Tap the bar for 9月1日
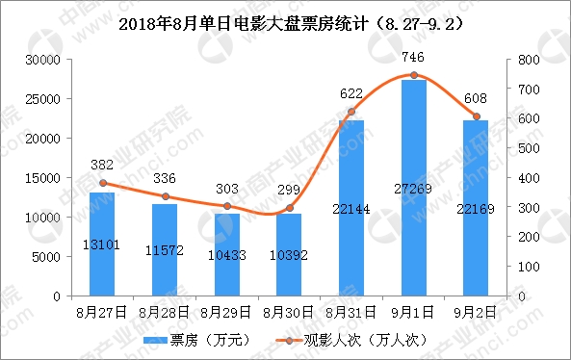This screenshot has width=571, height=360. (413, 188)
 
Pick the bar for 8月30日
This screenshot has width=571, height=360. (289, 254)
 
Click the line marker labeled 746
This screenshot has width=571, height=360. (413, 75)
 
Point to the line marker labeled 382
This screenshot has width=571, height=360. (102, 183)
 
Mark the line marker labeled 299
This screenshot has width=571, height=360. (289, 208)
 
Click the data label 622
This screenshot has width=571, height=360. (350, 94)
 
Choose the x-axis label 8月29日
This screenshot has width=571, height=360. (226, 311)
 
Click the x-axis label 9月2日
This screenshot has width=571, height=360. (476, 311)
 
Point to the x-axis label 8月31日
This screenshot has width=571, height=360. (350, 311)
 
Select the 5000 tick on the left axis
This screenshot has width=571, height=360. (48, 257)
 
